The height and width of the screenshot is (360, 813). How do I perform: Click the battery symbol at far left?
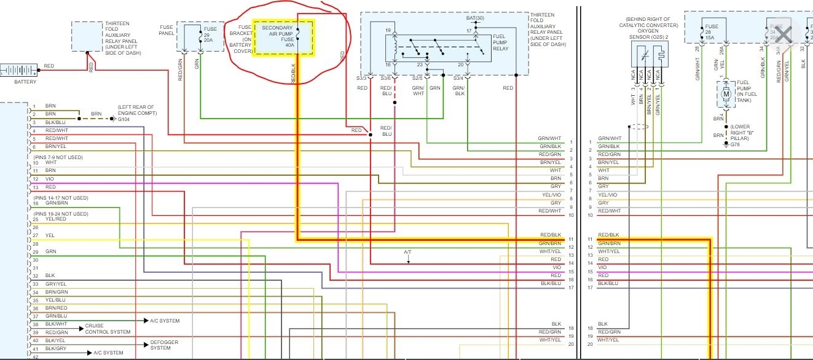point(18,70)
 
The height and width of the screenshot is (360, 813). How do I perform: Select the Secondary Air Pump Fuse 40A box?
point(283,37)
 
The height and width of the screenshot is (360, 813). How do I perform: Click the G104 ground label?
point(125,119)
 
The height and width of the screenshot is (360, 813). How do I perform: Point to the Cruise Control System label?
point(108,329)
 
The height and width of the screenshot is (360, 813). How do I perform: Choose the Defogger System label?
point(160,345)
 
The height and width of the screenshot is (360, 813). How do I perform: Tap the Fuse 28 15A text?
point(712,33)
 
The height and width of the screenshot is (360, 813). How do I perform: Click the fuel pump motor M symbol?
point(726,92)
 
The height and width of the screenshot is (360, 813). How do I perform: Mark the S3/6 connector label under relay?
point(386,78)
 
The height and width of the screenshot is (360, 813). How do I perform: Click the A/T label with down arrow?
point(407,252)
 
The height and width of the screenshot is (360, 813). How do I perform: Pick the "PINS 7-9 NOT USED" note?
point(58,157)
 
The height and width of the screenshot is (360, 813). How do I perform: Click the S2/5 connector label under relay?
point(417,78)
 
